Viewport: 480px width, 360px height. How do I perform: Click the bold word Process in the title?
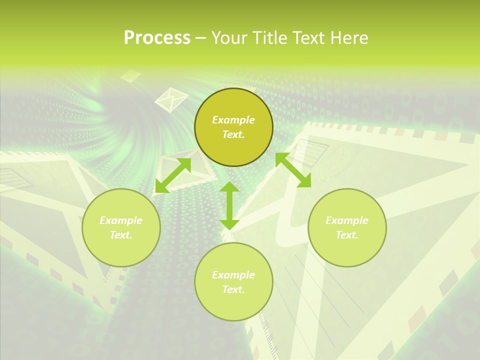[x=157, y=38]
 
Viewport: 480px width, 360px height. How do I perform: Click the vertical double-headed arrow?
[x=229, y=205]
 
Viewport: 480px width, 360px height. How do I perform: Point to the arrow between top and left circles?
[x=173, y=175]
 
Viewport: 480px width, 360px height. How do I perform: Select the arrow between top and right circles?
[x=293, y=170]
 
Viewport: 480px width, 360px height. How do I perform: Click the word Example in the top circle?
[x=233, y=120]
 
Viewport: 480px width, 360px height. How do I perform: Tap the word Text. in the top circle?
[x=233, y=134]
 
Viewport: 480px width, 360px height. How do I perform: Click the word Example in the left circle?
[x=121, y=220]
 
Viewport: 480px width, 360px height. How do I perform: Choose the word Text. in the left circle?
[x=121, y=235]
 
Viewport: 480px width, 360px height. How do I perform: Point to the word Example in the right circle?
[x=347, y=220]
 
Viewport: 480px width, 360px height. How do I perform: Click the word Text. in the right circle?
[x=347, y=235]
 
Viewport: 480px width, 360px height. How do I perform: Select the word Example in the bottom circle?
[x=233, y=275]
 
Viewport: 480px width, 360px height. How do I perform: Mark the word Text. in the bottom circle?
[x=233, y=289]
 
